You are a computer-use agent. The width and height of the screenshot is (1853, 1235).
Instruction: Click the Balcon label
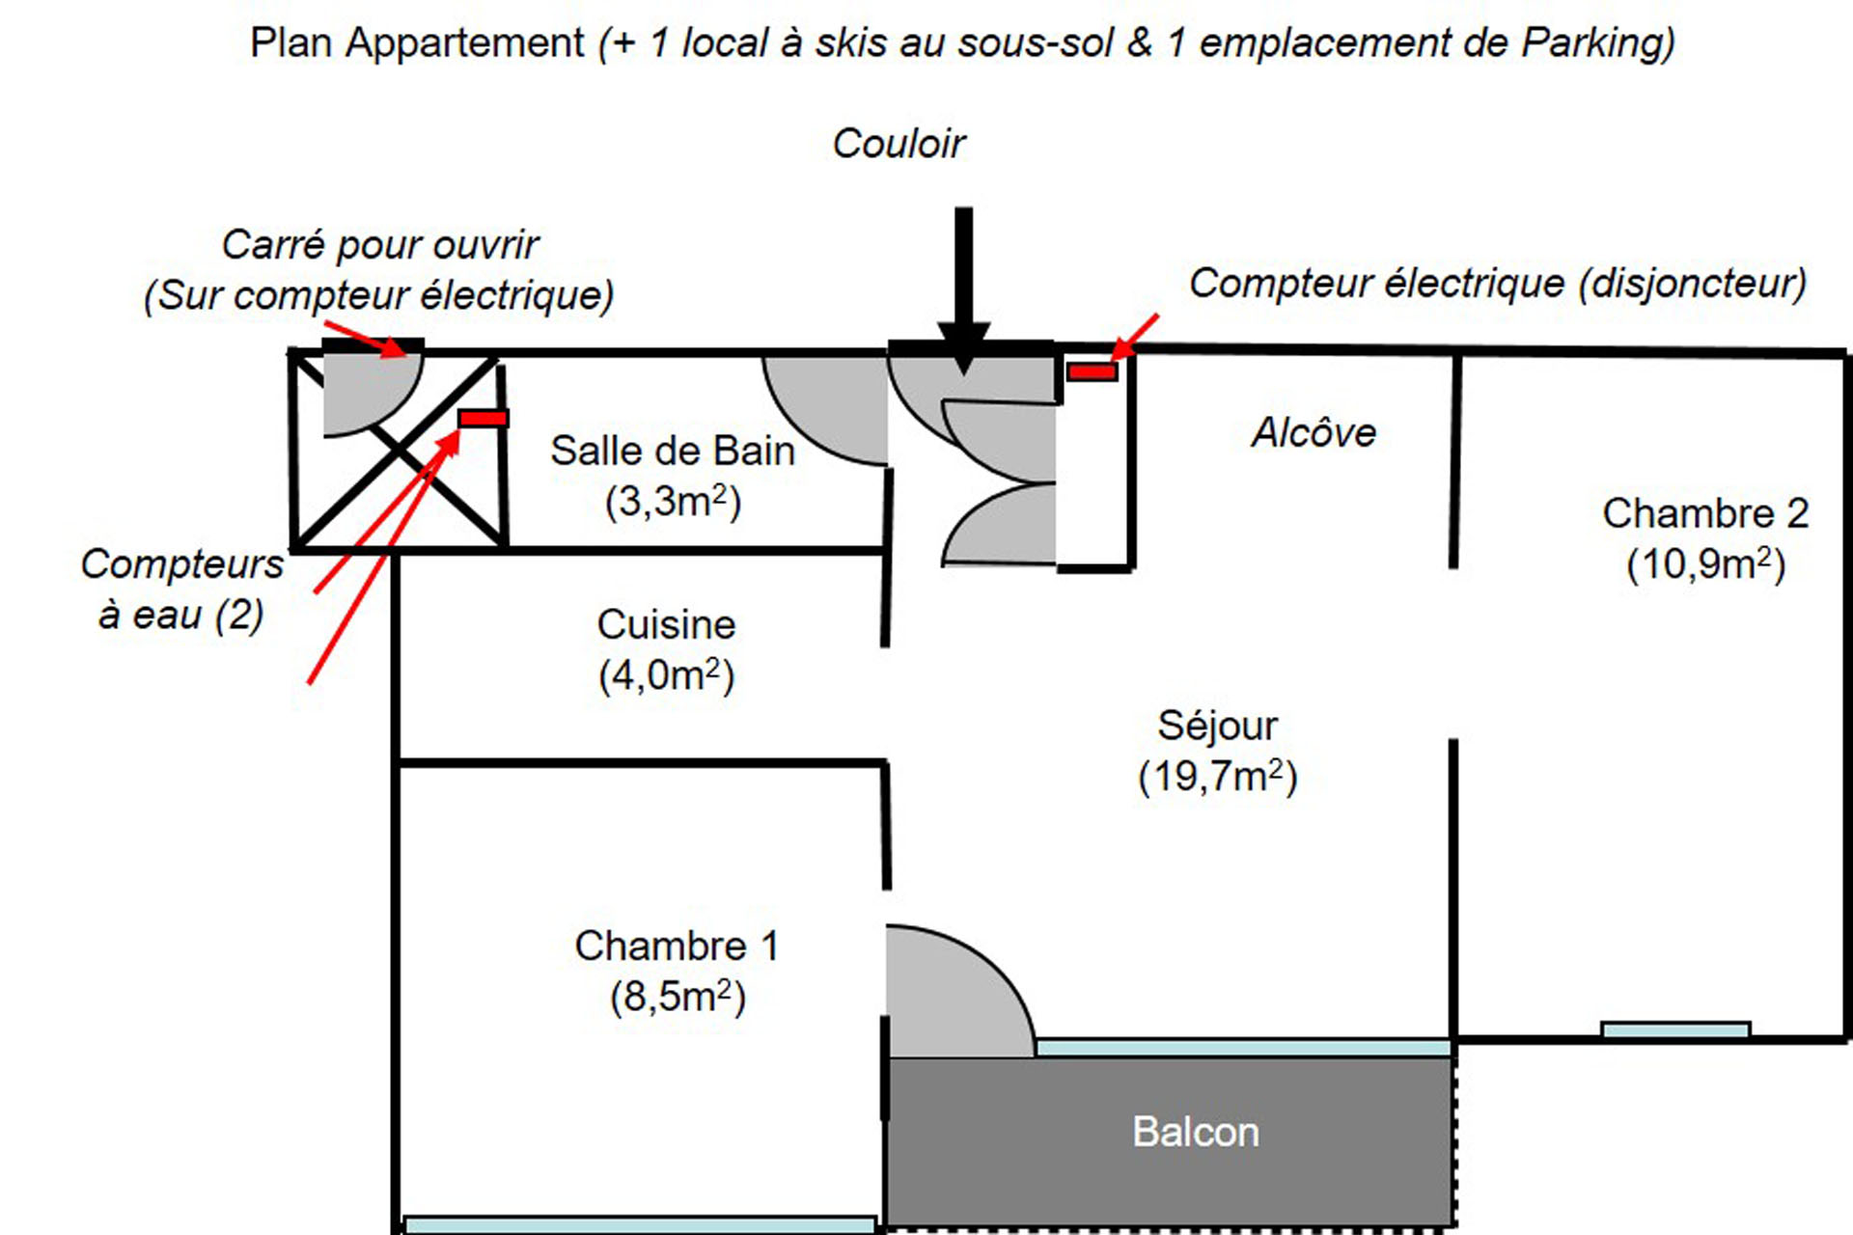[1195, 1132]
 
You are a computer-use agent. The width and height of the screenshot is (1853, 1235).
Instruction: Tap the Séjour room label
[1217, 726]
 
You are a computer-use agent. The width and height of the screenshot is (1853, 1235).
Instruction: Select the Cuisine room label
[666, 624]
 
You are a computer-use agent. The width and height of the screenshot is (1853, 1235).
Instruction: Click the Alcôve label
[1314, 432]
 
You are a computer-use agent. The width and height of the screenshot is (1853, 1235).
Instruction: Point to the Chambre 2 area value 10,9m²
[1705, 564]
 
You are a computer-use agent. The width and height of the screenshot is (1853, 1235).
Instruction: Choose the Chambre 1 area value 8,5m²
[678, 997]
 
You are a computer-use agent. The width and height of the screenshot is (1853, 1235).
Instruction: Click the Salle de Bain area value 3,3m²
[673, 502]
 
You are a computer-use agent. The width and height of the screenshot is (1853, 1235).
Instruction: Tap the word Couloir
[899, 144]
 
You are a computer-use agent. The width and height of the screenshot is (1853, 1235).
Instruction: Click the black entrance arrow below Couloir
[963, 289]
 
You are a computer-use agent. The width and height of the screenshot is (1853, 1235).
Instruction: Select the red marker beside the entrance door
[1092, 371]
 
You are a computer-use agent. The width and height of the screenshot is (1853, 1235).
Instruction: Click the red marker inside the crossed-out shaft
[483, 418]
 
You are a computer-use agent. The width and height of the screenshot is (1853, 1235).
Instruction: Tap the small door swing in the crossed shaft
[364, 391]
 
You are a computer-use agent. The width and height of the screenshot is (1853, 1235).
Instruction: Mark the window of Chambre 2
[1675, 1029]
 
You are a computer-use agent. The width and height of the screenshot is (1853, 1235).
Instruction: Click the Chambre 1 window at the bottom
[639, 1225]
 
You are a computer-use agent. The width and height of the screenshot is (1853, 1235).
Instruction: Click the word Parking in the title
[1597, 43]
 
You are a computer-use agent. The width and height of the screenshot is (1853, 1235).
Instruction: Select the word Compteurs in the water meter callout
[181, 564]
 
